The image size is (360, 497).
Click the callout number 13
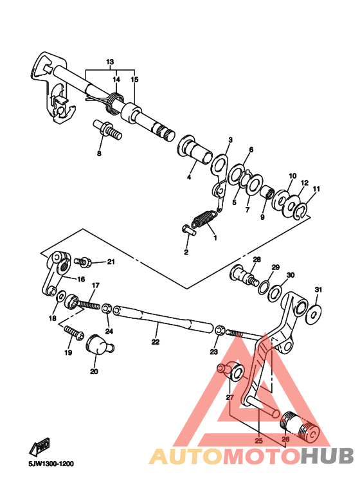click(x=109, y=62)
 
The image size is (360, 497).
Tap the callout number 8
click(x=99, y=154)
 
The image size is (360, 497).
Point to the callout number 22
click(x=155, y=343)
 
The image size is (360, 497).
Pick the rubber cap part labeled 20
click(x=98, y=343)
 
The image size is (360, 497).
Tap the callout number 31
click(x=317, y=289)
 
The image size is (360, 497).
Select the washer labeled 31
click(x=315, y=312)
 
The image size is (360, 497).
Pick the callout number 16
click(x=82, y=279)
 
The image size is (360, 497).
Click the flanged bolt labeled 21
click(x=84, y=262)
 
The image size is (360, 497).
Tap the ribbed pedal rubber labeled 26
click(x=299, y=426)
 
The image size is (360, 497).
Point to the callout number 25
click(x=258, y=441)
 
